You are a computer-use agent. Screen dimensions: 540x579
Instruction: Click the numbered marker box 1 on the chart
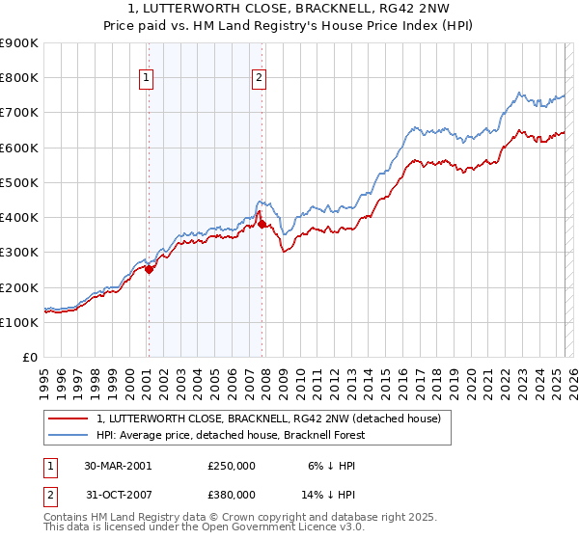pos(146,79)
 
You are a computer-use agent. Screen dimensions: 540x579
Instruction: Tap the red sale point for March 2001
pos(150,270)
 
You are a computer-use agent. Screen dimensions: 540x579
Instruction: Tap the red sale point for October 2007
pos(262,225)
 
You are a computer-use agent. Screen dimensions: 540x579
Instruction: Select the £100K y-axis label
pos(20,323)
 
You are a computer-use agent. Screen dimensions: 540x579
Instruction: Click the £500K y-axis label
pos(20,182)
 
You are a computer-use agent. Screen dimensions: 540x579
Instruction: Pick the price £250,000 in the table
pos(232,466)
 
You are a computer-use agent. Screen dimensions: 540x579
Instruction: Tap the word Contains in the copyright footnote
pos(67,517)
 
